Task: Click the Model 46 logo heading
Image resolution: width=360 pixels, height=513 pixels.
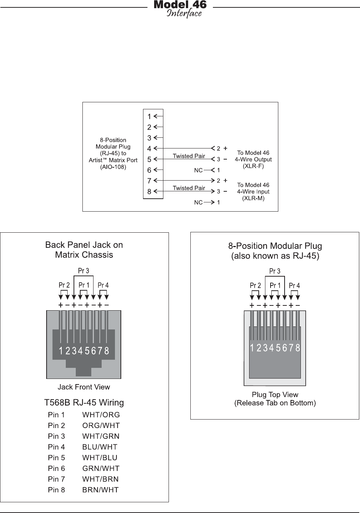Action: pyautogui.click(x=180, y=8)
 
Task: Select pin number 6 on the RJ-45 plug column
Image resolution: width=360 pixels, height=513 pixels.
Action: pyautogui.click(x=149, y=170)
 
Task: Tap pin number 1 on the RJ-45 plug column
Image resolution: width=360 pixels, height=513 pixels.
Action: pyautogui.click(x=149, y=117)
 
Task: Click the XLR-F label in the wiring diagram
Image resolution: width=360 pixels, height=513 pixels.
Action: pyautogui.click(x=253, y=166)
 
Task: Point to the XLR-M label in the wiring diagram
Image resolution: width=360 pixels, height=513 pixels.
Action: pyautogui.click(x=253, y=198)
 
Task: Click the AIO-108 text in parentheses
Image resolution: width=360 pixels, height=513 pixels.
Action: pyautogui.click(x=113, y=167)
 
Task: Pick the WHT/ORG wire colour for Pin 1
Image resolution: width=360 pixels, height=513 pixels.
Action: pyautogui.click(x=101, y=415)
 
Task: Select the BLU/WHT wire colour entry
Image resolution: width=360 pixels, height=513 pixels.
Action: pyautogui.click(x=100, y=447)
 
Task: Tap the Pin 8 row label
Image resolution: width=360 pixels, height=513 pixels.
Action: pyautogui.click(x=56, y=490)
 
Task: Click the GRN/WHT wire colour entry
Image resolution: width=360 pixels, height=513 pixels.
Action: pyautogui.click(x=101, y=468)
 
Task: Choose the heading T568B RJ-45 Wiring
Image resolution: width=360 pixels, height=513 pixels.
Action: pyautogui.click(x=84, y=403)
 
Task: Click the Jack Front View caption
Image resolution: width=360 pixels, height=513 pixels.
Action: pyautogui.click(x=84, y=387)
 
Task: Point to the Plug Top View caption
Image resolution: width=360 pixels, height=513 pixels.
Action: pyautogui.click(x=275, y=395)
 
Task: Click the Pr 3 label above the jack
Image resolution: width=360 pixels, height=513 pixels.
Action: pyautogui.click(x=84, y=271)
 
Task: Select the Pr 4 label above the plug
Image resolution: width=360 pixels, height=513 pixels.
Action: pyautogui.click(x=295, y=285)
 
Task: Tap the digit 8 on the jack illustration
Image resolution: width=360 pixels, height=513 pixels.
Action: pyautogui.click(x=107, y=351)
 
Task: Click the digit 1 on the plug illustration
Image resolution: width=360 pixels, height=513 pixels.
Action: pyautogui.click(x=252, y=348)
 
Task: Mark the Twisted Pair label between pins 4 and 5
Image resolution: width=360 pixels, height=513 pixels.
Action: pyautogui.click(x=189, y=156)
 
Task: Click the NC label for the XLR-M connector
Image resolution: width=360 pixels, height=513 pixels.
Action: pyautogui.click(x=198, y=202)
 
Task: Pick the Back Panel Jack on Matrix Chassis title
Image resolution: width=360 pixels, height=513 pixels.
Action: pyautogui.click(x=84, y=250)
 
